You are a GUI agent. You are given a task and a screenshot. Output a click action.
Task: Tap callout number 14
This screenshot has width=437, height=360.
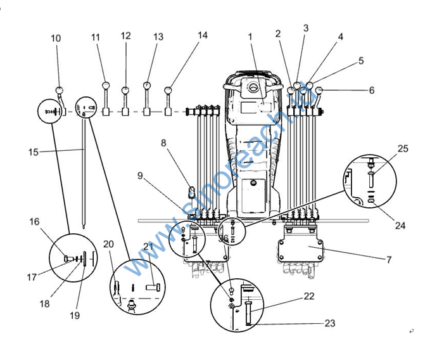coord(203,35)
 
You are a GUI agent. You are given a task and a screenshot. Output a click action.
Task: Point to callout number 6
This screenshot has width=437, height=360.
coord(372,91)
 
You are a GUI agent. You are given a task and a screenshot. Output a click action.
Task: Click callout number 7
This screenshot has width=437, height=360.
coord(389,260)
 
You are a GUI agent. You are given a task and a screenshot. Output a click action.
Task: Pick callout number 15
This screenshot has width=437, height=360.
coord(34,151)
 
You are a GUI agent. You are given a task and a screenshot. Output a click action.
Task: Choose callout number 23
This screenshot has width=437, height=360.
coord(329,323)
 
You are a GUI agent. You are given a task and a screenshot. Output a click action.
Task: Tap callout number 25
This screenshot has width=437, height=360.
coord(403,149)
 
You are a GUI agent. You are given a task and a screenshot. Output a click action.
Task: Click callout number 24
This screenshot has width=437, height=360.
coord(400,225)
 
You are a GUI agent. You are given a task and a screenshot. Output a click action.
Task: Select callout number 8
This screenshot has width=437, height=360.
coord(163,143)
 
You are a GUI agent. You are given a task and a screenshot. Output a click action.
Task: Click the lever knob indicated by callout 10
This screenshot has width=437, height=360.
coord(60,90)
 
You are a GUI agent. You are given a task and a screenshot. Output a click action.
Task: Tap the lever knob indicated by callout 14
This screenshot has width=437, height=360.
coord(168,90)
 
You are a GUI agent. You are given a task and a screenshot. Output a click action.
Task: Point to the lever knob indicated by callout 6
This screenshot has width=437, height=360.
coord(320,91)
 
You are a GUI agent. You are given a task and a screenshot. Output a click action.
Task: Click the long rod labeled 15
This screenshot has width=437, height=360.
coord(84,177)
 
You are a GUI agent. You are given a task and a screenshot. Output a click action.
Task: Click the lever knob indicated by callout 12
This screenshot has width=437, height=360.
coord(125,90)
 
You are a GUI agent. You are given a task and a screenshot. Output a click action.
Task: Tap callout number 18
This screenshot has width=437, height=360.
coord(44,304)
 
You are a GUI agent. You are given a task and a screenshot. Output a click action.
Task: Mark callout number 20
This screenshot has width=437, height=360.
coord(108,244)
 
